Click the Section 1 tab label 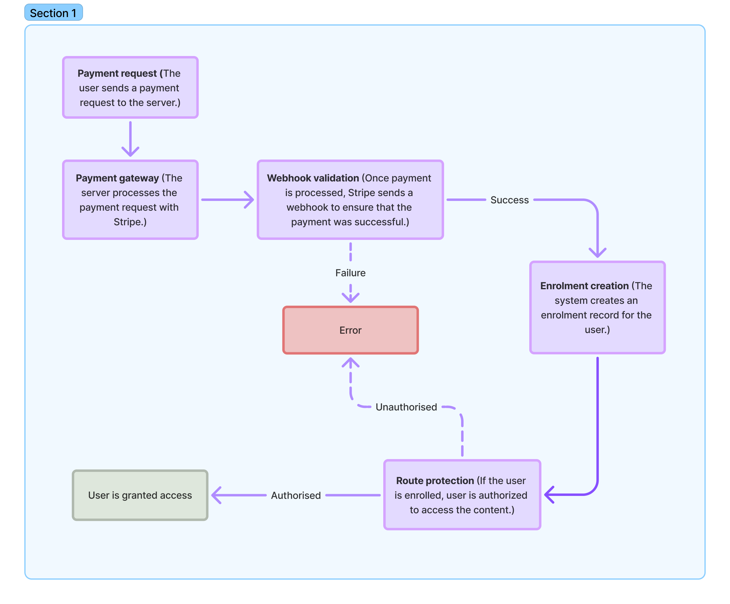coord(53,13)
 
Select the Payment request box coord(130,88)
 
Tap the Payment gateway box coord(130,200)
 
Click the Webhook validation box coord(350,200)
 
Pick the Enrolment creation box coord(597,307)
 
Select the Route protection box coord(462,495)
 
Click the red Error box coord(350,330)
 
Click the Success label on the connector coord(509,200)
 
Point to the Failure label coord(350,273)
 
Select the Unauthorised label coord(406,407)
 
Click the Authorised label coord(296,495)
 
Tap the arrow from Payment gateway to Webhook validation coord(228,200)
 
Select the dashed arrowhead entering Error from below coord(350,363)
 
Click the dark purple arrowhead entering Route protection coord(550,495)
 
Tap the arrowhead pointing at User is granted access coord(217,495)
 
